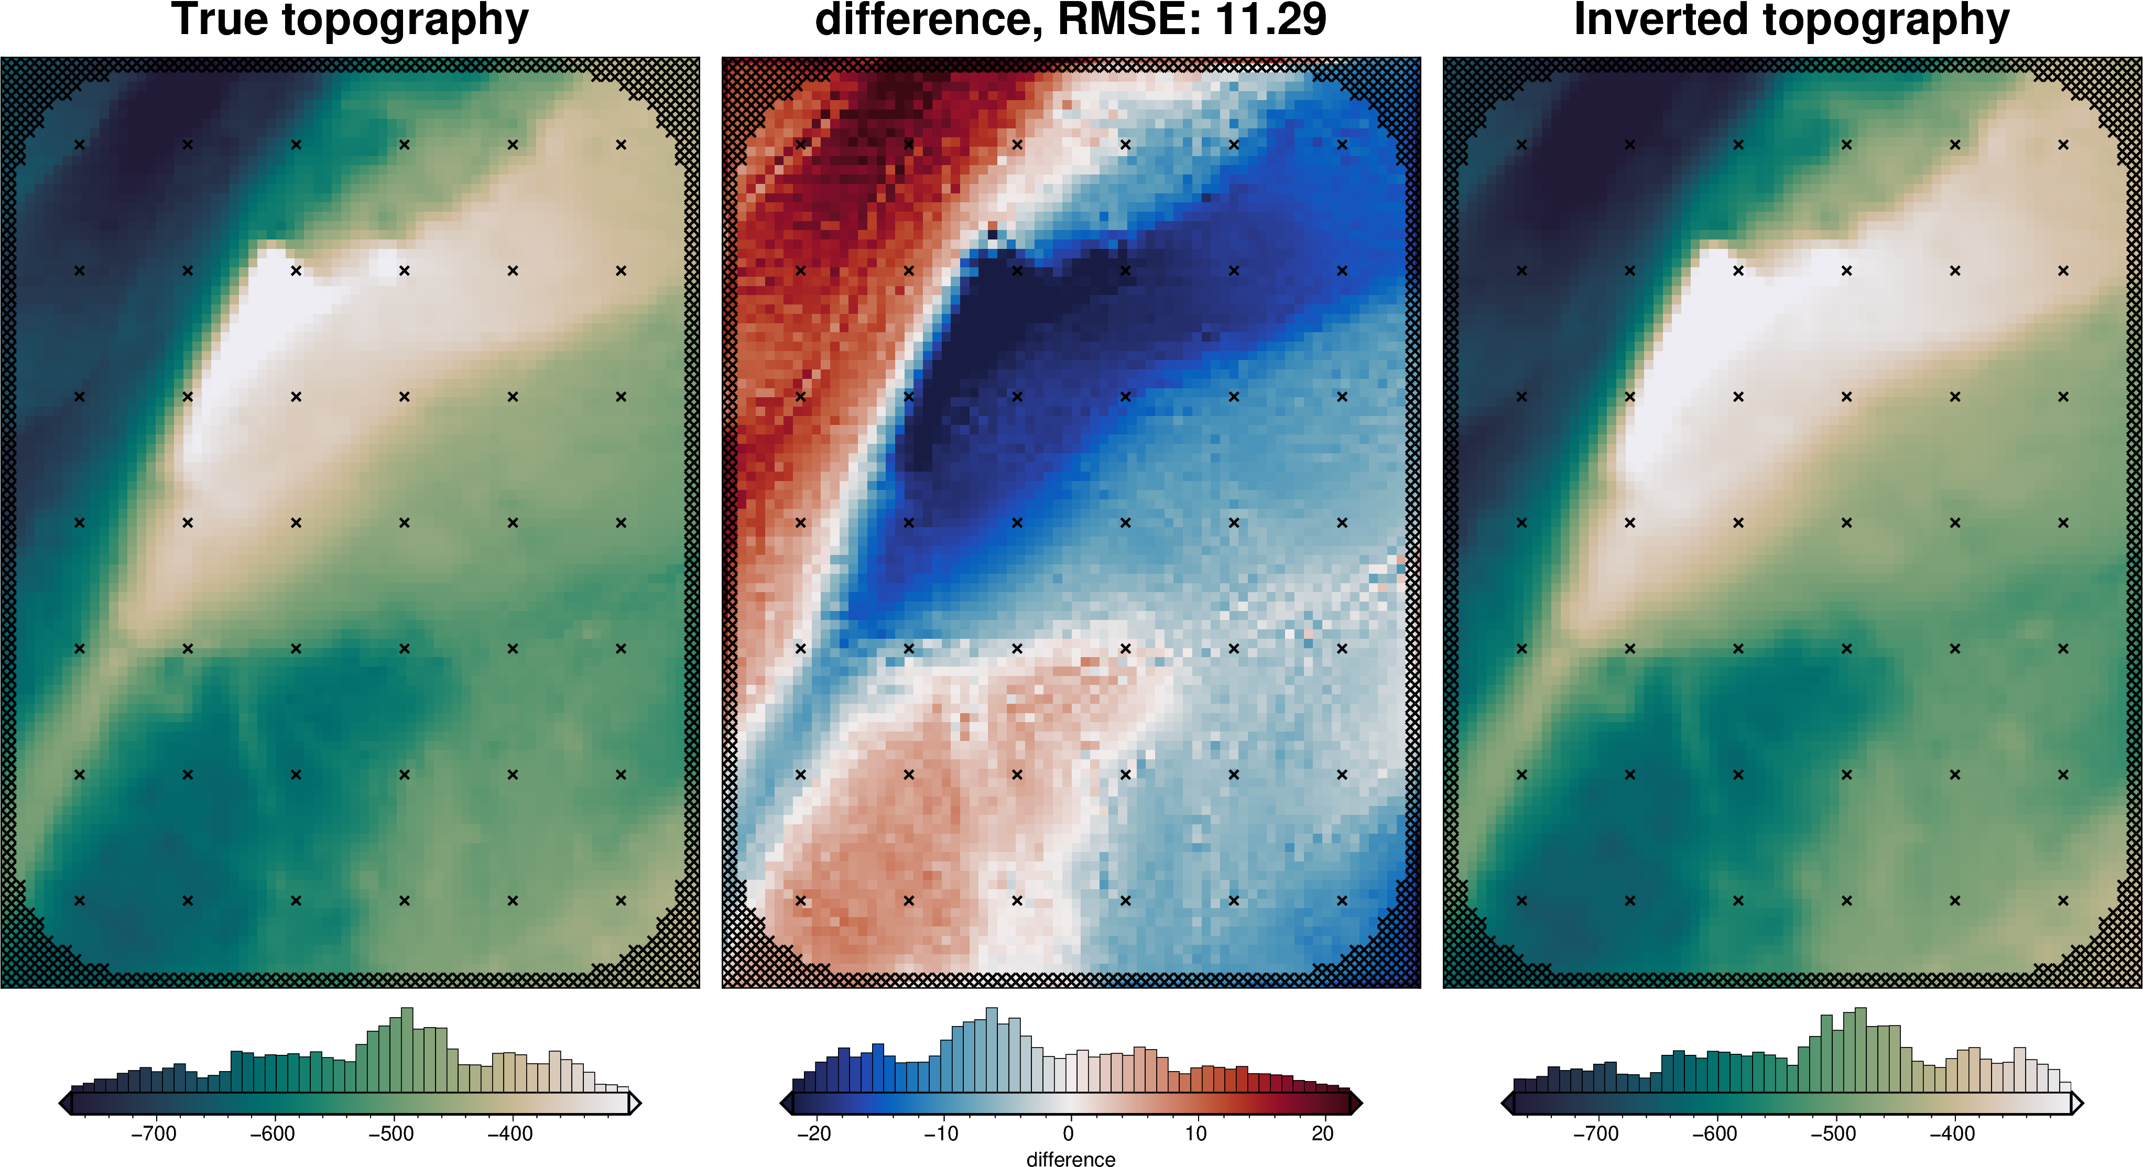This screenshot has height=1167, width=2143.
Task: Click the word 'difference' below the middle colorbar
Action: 1071,1159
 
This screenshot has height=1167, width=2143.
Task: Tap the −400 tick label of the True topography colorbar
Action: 509,1134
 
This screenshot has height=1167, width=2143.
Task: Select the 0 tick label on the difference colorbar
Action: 1068,1134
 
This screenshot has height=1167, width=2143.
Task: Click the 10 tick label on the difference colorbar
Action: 1195,1134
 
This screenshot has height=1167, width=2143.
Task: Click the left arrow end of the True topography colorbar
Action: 66,1104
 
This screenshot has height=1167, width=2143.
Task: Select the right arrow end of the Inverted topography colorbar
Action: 2076,1104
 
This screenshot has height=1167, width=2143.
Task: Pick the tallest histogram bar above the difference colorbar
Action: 991,1050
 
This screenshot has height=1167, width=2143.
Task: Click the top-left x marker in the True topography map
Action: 80,145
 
